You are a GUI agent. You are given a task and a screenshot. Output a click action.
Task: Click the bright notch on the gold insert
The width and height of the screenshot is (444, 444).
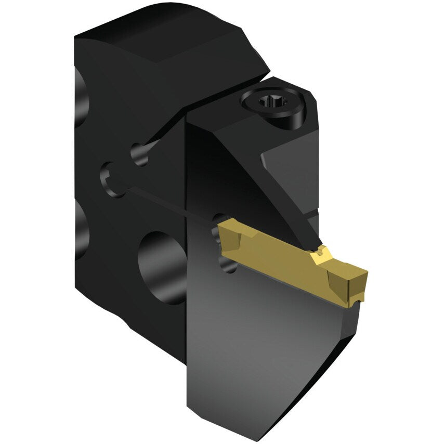click(x=318, y=254)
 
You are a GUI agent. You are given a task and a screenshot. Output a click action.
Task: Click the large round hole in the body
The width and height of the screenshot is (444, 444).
click(x=162, y=265)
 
